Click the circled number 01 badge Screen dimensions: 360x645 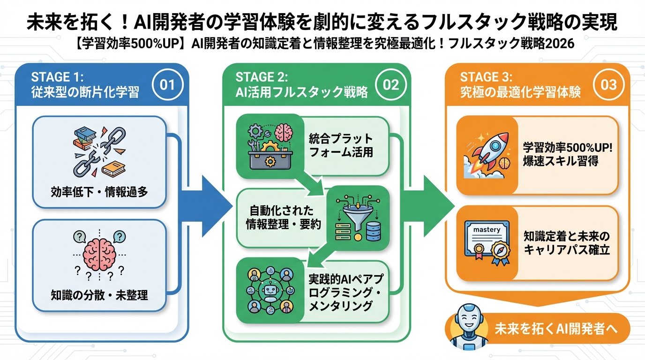(167, 84)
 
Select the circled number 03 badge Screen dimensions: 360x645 (608, 84)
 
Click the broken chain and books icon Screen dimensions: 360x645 (99, 152)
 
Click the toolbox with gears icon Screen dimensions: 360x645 (270, 146)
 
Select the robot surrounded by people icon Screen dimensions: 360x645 (270, 291)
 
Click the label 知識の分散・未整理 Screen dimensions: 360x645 (99, 295)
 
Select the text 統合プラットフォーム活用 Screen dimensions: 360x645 (341, 146)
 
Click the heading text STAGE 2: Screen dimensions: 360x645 (261, 77)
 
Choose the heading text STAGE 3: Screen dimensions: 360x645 (486, 77)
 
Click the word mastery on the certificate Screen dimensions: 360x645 (487, 230)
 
